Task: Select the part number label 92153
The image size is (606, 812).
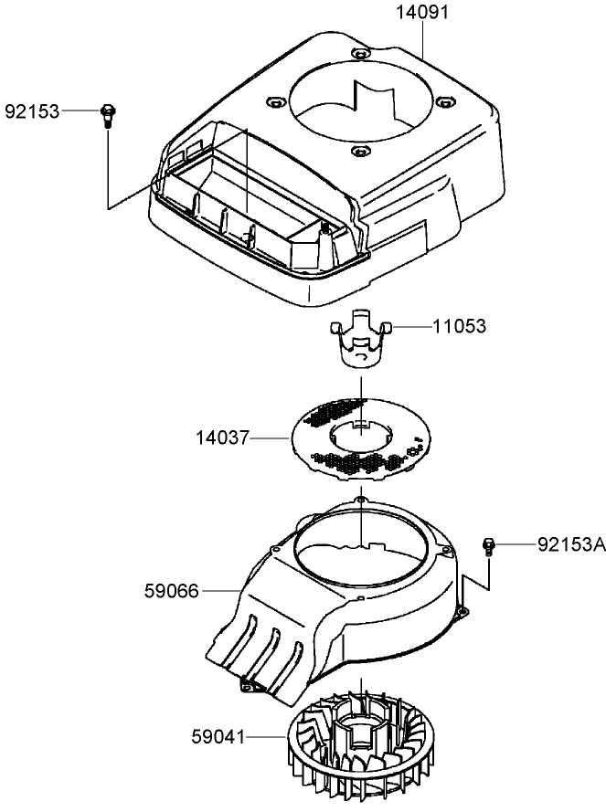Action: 32,111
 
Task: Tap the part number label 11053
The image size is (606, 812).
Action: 461,326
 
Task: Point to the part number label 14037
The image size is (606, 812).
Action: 220,439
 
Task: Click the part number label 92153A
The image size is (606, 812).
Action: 570,544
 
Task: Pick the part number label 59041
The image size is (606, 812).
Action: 220,734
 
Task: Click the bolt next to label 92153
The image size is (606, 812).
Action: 107,114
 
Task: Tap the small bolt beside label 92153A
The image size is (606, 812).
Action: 489,546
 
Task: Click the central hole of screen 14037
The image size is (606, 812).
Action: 362,433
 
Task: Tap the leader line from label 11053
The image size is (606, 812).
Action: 411,326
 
